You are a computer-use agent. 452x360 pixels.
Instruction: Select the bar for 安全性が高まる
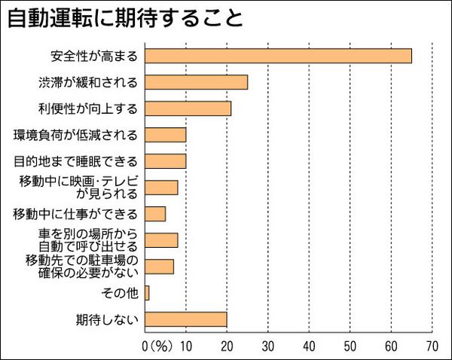278,56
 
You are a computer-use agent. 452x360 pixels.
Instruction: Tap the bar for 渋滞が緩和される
196,82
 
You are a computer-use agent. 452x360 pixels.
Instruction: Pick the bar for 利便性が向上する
188,108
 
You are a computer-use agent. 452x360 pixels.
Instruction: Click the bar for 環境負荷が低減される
165,135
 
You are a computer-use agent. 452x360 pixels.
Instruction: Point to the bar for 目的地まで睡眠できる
165,161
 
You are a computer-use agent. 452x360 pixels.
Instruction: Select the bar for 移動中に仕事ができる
155,214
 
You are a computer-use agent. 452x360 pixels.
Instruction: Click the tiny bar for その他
147,293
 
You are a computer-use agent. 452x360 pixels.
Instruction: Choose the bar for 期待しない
185,319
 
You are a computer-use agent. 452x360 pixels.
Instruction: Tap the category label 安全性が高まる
96,56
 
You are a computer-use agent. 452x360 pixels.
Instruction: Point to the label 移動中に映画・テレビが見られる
78,188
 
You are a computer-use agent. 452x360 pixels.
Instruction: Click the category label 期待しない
108,319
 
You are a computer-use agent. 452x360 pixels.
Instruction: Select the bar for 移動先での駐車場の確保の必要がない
159,267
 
